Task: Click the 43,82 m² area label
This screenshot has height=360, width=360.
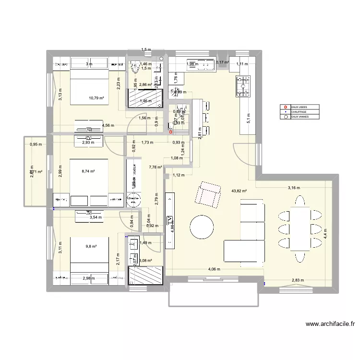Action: click(239, 191)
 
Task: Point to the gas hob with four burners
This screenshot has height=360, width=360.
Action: click(244, 86)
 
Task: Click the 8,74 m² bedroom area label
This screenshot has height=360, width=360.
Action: click(88, 171)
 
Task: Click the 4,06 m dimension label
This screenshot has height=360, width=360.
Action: click(214, 269)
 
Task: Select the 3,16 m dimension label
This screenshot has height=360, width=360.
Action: click(294, 188)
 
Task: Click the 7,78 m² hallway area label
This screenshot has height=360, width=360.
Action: click(156, 168)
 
